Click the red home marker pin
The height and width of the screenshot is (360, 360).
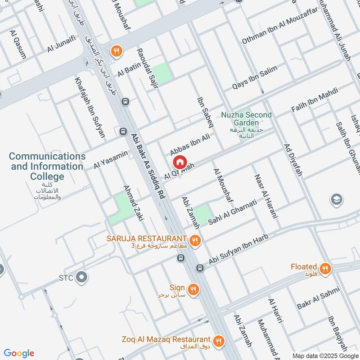pos(180,162)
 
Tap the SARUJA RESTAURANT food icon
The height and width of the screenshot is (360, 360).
pos(194,240)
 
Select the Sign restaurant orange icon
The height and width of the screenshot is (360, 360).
pos(193,289)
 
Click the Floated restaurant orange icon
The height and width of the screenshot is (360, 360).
pos(325,269)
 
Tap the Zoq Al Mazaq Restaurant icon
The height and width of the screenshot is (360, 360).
pos(219,341)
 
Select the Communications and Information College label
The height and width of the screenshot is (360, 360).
pos(47,166)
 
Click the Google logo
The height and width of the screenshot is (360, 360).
pos(19,353)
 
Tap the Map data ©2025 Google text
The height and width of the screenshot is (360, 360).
pos(324,355)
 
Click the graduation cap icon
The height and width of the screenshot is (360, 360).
pos(336,199)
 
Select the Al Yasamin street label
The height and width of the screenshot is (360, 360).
pos(111,160)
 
